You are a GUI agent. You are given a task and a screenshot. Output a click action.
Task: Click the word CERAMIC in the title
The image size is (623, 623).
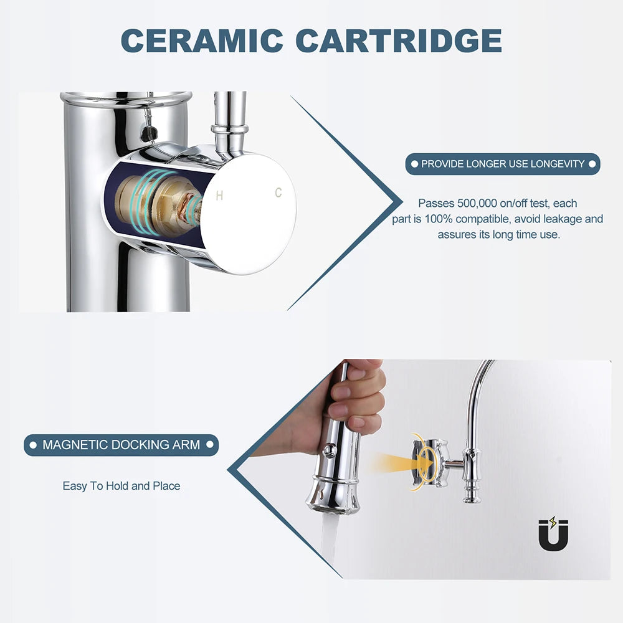(202, 40)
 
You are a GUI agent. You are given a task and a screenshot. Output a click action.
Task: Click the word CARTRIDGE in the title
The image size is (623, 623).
(399, 40)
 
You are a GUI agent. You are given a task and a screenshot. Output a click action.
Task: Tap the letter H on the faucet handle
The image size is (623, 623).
(219, 196)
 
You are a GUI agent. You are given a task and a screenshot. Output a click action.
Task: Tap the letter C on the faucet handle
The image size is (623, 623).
(278, 193)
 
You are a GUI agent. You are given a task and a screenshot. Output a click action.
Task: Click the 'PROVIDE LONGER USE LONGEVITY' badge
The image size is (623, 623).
(503, 164)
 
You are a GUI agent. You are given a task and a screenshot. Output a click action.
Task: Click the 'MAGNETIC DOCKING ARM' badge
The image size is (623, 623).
(121, 445)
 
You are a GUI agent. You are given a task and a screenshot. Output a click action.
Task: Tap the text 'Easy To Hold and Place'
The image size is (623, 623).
(121, 486)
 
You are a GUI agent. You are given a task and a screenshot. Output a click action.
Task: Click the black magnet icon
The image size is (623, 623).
(553, 534)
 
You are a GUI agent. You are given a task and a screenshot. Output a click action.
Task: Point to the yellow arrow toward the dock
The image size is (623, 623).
(401, 464)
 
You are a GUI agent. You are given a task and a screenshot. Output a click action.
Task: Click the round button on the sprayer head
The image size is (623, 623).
(329, 450)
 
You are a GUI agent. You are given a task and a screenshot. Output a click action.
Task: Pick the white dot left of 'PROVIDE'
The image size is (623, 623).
(414, 164)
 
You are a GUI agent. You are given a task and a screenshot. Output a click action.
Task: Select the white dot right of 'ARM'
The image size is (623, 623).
(210, 445)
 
